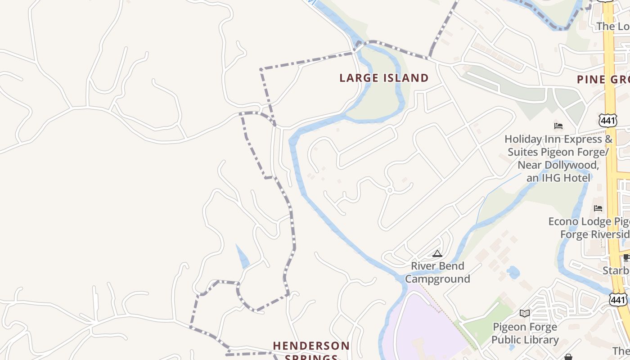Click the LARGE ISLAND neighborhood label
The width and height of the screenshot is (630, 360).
tap(384, 78)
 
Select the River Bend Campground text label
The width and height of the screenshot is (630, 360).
tap(437, 272)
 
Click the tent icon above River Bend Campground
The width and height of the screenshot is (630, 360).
tap(437, 254)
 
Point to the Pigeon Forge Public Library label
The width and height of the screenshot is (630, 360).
tap(525, 333)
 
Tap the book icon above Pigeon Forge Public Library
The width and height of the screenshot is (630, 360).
tap(524, 313)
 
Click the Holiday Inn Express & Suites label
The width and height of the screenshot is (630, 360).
tap(558, 158)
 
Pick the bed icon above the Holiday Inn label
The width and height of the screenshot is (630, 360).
tap(558, 126)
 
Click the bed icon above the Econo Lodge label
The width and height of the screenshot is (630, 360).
tap(598, 208)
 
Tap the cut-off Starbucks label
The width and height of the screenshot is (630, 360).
tap(616, 270)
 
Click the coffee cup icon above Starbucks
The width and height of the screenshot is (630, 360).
tap(626, 257)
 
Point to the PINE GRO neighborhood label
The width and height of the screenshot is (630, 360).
tap(603, 80)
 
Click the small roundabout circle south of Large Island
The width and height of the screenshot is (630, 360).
tap(390, 190)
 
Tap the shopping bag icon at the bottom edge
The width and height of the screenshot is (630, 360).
tap(568, 357)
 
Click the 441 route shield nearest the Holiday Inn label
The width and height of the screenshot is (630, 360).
tap(607, 120)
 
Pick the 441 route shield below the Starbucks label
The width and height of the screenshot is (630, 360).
tap(618, 300)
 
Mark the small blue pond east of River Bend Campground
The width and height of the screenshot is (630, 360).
tap(513, 272)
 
